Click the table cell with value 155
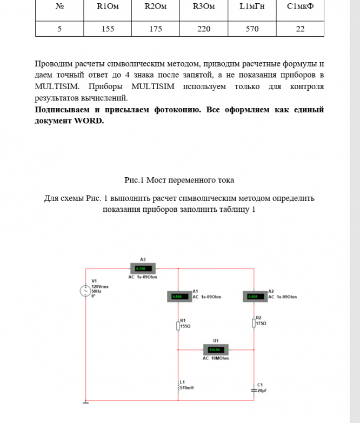(108, 29)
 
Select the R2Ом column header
(156, 7)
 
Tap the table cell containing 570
(252, 29)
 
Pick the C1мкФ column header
(300, 7)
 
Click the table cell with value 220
(204, 29)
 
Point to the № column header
(59, 7)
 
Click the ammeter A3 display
(142, 268)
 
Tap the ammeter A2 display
(254, 296)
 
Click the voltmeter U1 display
(216, 350)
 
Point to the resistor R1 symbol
(178, 325)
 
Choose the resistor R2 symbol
(254, 323)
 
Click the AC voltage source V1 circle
(85, 291)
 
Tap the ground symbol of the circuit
(85, 402)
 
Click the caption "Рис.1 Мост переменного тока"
(179, 180)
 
